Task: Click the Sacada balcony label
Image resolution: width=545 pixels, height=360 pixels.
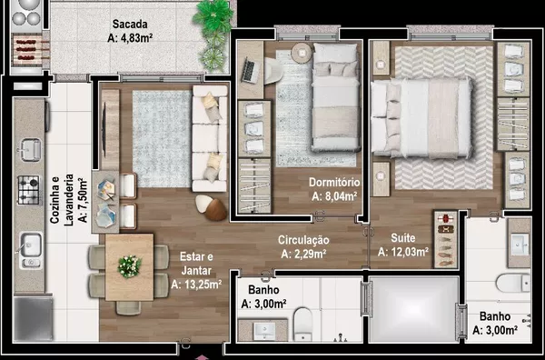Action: click(x=130, y=25)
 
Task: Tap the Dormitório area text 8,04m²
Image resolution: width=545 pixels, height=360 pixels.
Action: click(x=334, y=197)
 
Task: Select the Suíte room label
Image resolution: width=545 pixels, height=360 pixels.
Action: click(x=402, y=238)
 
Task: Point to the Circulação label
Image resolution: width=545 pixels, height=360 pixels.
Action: click(x=303, y=240)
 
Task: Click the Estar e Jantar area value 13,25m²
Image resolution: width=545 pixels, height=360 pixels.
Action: click(x=196, y=285)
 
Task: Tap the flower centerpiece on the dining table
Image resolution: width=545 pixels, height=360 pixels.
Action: click(x=129, y=266)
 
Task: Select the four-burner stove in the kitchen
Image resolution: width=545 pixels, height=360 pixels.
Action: click(x=28, y=190)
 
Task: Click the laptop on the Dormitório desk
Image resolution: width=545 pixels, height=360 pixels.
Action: click(x=251, y=70)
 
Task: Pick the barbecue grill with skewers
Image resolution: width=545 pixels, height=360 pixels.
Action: click(x=27, y=50)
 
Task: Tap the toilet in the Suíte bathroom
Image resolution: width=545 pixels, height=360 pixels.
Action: click(x=513, y=283)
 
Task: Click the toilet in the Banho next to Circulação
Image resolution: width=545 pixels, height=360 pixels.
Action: click(x=303, y=324)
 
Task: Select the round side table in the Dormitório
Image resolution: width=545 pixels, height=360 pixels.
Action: click(x=302, y=53)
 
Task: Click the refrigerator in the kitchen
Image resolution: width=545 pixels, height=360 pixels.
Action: click(x=34, y=318)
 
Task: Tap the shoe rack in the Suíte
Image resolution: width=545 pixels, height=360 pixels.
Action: click(x=446, y=239)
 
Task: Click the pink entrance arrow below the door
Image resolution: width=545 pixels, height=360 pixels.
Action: click(x=202, y=357)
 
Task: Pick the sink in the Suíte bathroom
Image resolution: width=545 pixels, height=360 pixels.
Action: click(x=520, y=245)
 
